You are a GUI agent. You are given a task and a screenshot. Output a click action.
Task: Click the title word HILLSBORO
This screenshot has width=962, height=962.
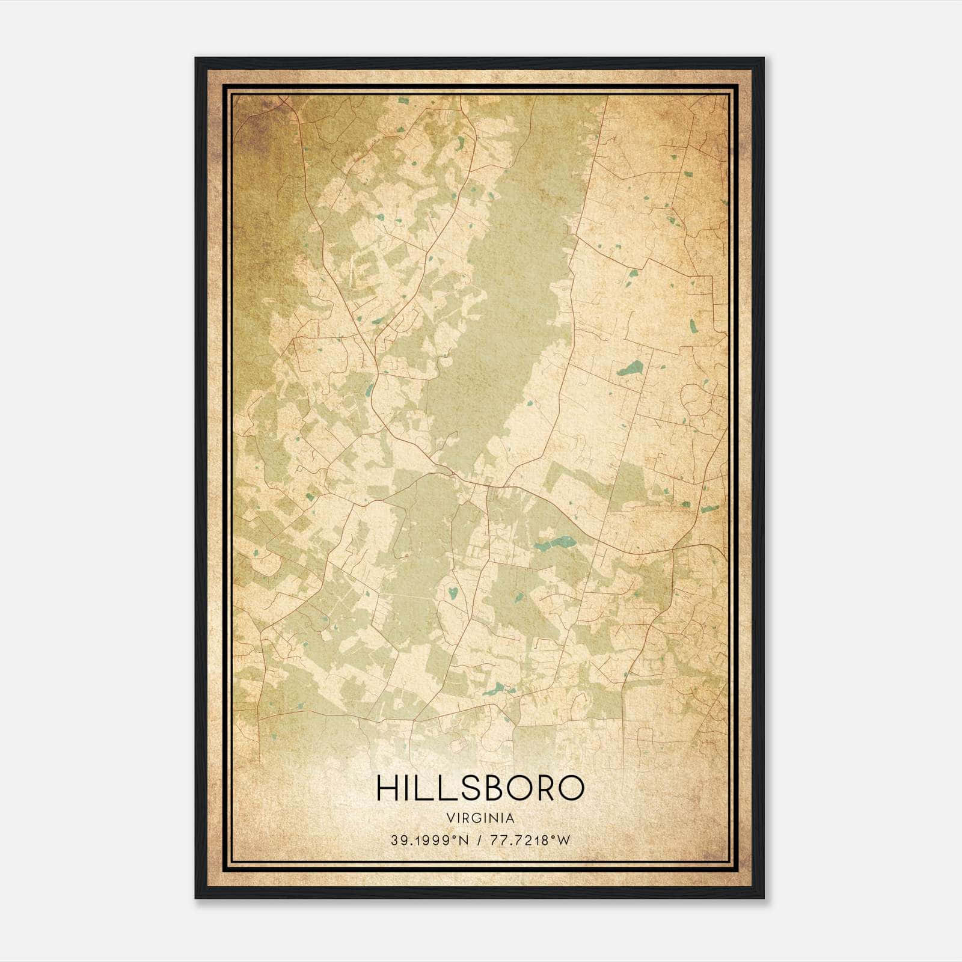click(x=480, y=788)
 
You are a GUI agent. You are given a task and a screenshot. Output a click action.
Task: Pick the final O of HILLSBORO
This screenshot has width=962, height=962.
click(x=572, y=788)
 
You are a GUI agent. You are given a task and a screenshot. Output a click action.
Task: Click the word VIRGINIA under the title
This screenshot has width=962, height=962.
click(x=480, y=818)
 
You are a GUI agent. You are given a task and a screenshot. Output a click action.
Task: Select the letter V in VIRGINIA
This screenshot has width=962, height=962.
click(x=450, y=818)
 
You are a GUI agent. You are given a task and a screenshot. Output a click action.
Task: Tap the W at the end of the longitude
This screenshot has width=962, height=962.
click(x=563, y=841)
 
